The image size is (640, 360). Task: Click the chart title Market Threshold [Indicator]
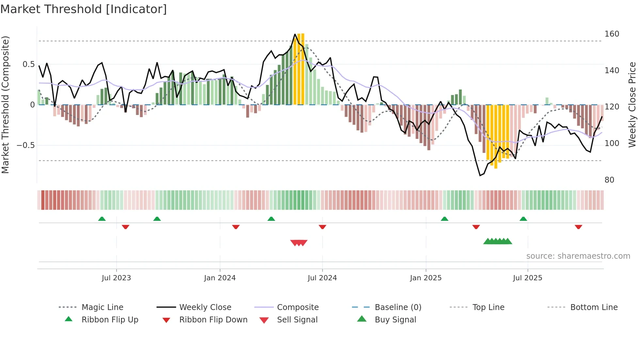coord(84,9)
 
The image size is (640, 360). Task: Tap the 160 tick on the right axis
coord(612,34)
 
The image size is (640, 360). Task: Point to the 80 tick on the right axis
coord(609,180)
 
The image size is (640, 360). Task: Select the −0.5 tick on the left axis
coord(25,145)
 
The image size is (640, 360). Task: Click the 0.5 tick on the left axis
coord(28,64)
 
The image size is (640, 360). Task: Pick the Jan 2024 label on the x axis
coord(220,278)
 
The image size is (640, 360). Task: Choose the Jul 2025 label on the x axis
coord(527,278)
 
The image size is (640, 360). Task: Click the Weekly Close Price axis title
coord(632,105)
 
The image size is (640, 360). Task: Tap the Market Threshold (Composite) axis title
coord(5,105)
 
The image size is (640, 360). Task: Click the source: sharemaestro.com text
coord(578,256)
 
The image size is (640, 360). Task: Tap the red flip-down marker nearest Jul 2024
coord(322,227)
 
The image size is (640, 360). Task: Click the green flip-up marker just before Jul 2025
coord(523,219)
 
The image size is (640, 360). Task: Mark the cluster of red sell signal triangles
coord(299,243)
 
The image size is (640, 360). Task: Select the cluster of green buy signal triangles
coord(498,241)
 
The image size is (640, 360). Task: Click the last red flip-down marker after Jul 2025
coord(578,227)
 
